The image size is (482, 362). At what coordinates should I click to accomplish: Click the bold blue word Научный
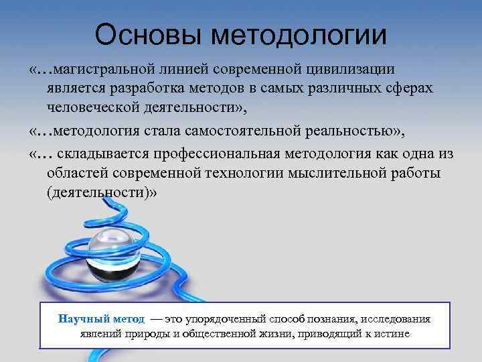click(81, 318)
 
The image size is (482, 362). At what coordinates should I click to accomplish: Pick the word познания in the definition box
click(327, 318)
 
